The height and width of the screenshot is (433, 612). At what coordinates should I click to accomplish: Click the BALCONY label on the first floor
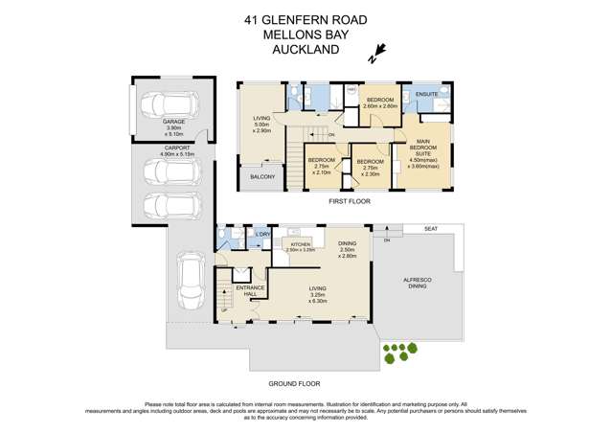click(262, 177)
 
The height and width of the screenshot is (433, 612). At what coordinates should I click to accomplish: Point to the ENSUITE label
click(427, 94)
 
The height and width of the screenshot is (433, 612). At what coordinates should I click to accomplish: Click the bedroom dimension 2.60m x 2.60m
click(381, 106)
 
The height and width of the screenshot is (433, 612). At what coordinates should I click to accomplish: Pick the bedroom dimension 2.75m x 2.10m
click(322, 170)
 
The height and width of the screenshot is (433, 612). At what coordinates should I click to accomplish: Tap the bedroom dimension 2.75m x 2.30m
click(371, 172)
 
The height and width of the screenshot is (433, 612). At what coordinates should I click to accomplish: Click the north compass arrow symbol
click(380, 50)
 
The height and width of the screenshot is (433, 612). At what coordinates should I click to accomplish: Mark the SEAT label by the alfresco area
click(433, 229)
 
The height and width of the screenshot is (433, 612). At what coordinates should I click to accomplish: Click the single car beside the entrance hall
click(190, 279)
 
